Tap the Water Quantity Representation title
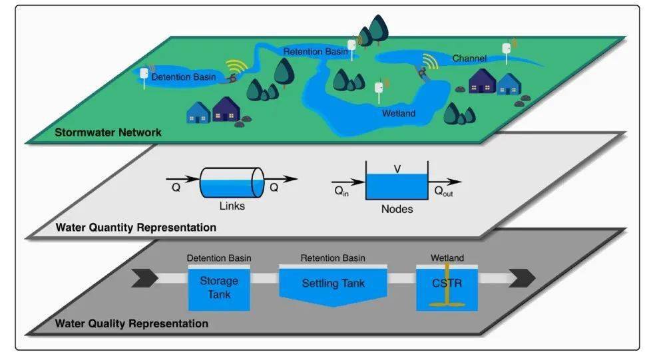136,228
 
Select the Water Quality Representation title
131,324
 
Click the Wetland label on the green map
398,114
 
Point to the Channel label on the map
469,59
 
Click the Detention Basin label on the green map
184,78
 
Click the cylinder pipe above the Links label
232,182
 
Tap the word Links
232,206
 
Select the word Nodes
397,209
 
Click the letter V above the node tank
397,170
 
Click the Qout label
447,190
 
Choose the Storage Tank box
219,288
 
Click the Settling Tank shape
333,285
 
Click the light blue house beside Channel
509,84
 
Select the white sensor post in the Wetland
379,89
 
